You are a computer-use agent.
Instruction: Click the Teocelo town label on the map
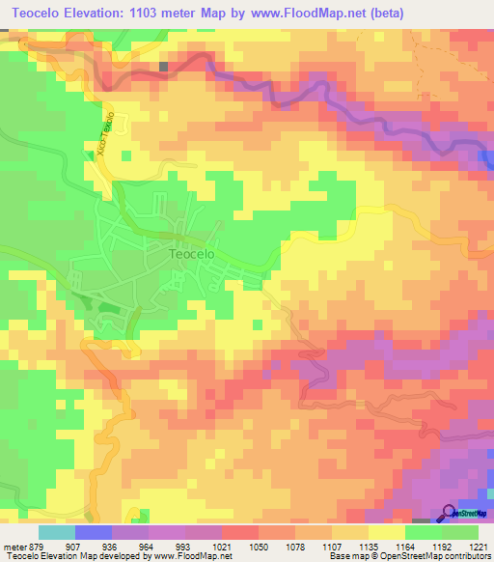191,255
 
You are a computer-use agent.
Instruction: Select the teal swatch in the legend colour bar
56,532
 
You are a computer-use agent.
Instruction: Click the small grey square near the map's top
164,67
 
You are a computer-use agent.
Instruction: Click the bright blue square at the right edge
486,159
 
